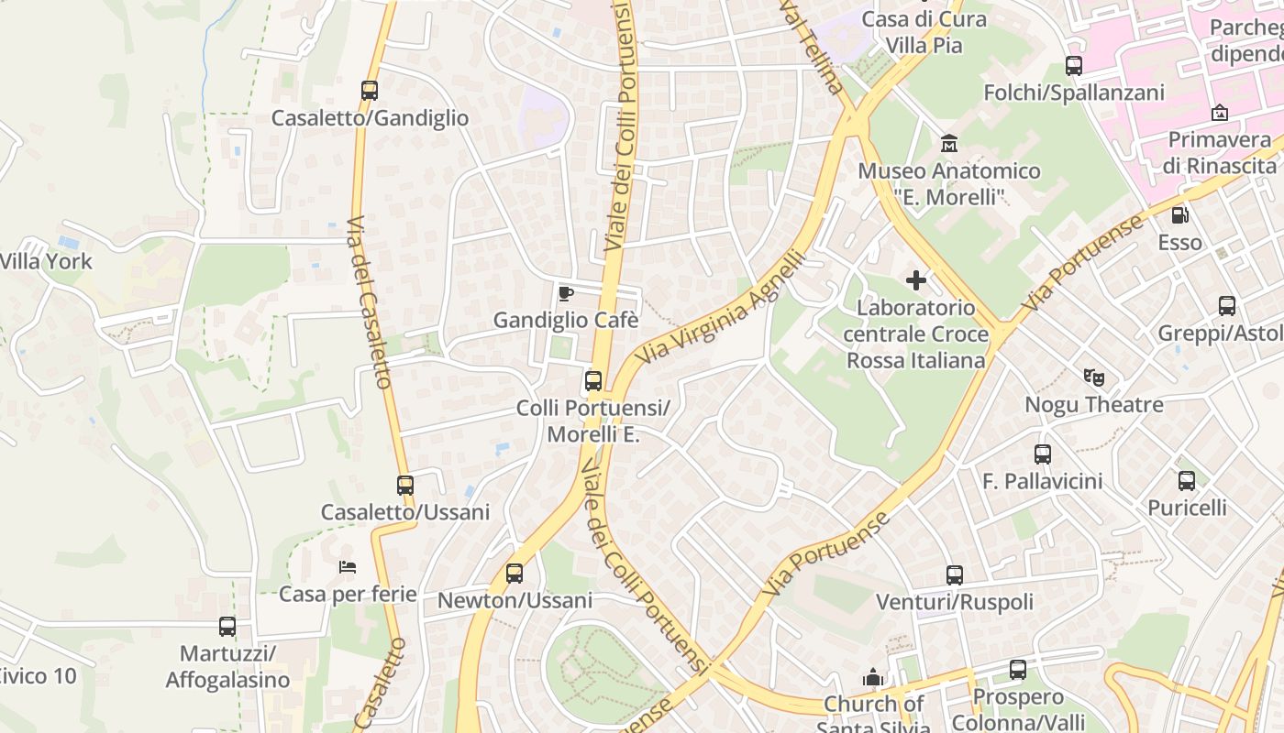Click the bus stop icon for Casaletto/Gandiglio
pyautogui.click(x=370, y=91)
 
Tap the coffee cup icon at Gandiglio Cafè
pyautogui.click(x=566, y=293)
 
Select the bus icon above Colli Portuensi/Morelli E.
pyautogui.click(x=593, y=380)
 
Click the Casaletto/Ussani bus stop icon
pyautogui.click(x=405, y=485)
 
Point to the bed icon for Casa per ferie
pyautogui.click(x=348, y=567)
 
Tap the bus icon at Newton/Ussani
pyautogui.click(x=515, y=574)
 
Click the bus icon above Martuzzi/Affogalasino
pyautogui.click(x=227, y=627)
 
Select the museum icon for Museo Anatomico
pyautogui.click(x=949, y=144)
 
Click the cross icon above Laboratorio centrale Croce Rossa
pyautogui.click(x=916, y=280)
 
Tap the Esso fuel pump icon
pyautogui.click(x=1179, y=215)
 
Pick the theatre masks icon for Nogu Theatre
pyautogui.click(x=1093, y=377)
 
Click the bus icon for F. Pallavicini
pyautogui.click(x=1043, y=454)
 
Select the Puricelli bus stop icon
pyautogui.click(x=1187, y=480)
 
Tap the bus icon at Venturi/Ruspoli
pyautogui.click(x=955, y=574)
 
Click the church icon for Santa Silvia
pyautogui.click(x=873, y=677)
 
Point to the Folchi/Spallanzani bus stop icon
pyautogui.click(x=1074, y=65)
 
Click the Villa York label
pyautogui.click(x=46, y=261)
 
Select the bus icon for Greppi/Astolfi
pyautogui.click(x=1227, y=306)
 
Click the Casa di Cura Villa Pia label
pyautogui.click(x=924, y=31)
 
